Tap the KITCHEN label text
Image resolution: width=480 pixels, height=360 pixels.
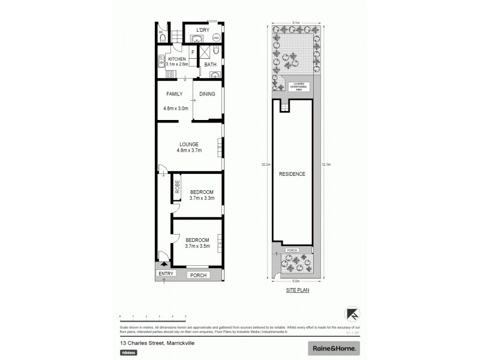[x=177, y=59]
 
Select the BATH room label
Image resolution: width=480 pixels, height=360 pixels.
[x=210, y=64]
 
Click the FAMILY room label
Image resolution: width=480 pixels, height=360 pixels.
[x=174, y=94]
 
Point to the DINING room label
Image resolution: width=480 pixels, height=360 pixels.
[x=207, y=94]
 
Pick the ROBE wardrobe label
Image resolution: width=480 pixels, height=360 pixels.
[x=178, y=186]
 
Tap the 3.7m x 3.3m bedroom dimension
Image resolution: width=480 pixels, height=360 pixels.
[x=198, y=199]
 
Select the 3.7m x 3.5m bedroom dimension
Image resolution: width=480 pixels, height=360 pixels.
[x=197, y=245]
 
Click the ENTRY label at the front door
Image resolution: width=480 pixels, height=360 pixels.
[x=166, y=274]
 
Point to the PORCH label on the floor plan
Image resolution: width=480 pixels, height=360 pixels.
[x=197, y=275]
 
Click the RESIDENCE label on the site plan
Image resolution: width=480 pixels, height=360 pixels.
[x=292, y=174]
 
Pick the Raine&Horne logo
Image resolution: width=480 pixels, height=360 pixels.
[x=334, y=348]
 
